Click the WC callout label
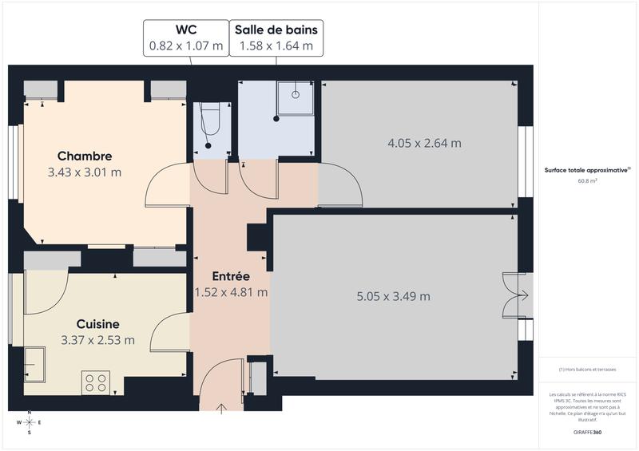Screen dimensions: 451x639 click(x=185, y=38)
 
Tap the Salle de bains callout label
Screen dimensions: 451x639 click(x=276, y=38)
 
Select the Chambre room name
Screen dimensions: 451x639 click(x=85, y=156)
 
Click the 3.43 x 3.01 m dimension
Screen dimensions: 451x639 click(x=85, y=172)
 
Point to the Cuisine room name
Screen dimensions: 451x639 click(x=97, y=324)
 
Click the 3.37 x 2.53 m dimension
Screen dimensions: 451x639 click(x=97, y=340)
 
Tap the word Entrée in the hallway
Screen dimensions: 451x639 click(x=231, y=276)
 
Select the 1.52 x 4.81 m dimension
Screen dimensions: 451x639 click(x=231, y=292)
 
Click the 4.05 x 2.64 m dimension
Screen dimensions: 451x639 click(x=424, y=144)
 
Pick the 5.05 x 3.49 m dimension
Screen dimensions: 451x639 click(x=393, y=296)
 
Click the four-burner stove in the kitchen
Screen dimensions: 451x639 click(x=96, y=382)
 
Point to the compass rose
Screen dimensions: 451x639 click(x=30, y=422)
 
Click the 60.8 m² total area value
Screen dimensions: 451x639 click(x=588, y=181)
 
